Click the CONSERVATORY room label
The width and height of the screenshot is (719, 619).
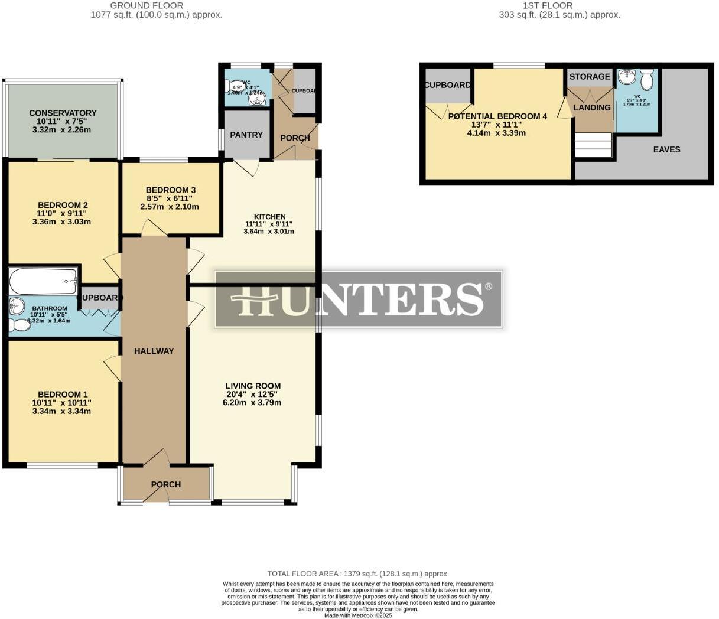[63, 113]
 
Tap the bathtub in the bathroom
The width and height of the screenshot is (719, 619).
[43, 281]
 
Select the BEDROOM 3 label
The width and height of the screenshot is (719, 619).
[171, 190]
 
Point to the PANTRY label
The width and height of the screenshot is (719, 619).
[246, 135]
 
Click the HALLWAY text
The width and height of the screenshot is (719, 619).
[154, 351]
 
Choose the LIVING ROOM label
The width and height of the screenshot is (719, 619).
[253, 386]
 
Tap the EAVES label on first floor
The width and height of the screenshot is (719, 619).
[666, 149]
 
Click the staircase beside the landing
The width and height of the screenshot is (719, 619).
[593, 145]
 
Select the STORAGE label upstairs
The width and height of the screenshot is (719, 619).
[590, 77]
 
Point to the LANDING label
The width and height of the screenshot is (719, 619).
[592, 107]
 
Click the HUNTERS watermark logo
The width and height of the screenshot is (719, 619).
[358, 299]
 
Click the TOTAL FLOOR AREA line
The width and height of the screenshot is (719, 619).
[358, 574]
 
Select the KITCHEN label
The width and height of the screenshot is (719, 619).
[269, 217]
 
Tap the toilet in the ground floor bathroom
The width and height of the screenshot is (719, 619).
[20, 325]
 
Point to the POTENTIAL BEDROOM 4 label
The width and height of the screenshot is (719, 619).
[497, 116]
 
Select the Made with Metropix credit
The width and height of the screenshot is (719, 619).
[358, 615]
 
